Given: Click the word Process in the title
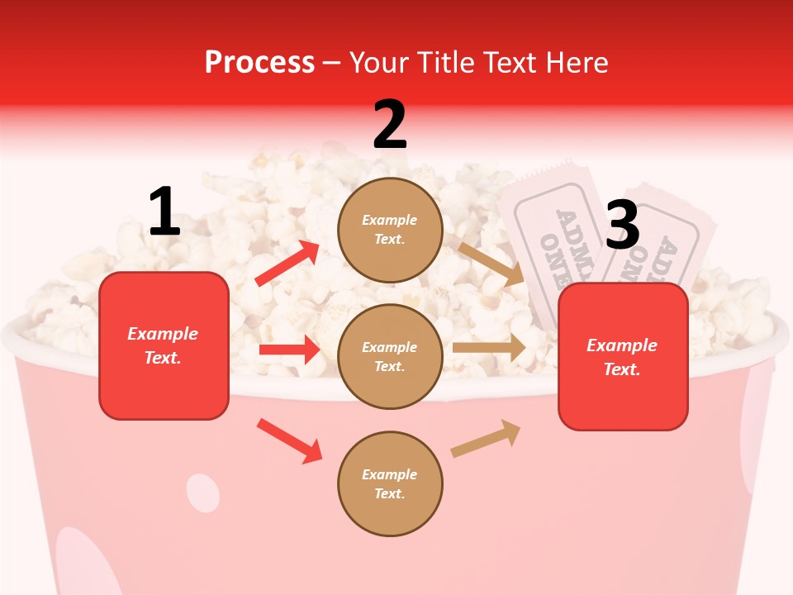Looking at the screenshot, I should point(259,63).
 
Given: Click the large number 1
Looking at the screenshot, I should point(164,212).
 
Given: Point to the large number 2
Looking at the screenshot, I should point(390,125).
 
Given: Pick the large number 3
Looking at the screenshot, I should point(622,225).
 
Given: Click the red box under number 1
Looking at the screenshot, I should point(164,345).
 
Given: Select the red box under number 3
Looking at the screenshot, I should point(623,357).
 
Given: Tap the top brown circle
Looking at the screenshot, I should point(390,229).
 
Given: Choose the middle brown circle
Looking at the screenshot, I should point(390,356).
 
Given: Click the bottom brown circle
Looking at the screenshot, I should point(390,483).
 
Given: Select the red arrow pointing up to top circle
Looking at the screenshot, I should point(287,263).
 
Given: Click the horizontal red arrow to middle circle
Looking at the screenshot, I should point(289,350).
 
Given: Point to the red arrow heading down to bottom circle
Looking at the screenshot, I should point(289,440).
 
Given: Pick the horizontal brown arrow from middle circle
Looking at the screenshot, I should point(489,348).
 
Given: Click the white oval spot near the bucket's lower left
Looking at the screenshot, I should point(202,493).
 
